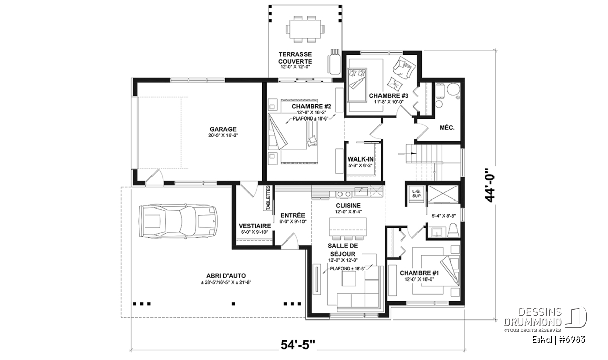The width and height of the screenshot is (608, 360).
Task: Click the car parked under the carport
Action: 178,221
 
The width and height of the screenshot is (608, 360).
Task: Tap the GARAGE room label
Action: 223,129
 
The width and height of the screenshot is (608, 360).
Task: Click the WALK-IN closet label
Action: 360,159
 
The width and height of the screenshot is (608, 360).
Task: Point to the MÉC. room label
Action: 447,128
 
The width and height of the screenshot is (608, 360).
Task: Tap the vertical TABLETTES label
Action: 268,198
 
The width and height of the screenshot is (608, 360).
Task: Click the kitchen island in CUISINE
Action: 348,227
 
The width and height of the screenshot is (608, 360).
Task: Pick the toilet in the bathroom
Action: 453,230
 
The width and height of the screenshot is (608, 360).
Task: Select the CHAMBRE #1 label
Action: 420,273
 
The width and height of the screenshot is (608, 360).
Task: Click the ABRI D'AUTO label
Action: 226,276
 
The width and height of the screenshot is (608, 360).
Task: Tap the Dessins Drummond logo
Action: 545,319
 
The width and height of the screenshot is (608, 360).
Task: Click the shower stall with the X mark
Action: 442,194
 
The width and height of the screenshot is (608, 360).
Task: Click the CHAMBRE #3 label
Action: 389,96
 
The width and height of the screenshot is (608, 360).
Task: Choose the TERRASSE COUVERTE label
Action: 295,58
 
